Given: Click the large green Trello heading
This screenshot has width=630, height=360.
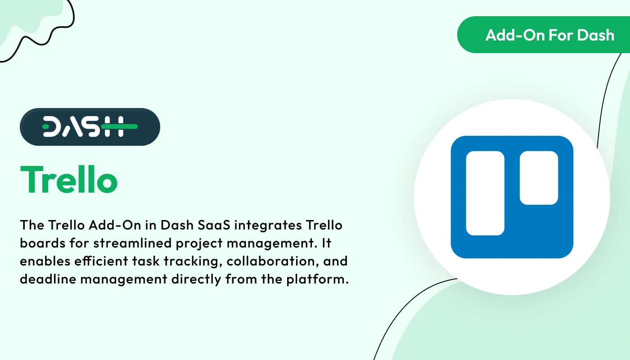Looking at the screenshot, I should (x=69, y=180).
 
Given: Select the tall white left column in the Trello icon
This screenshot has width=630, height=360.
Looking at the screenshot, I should (x=485, y=193).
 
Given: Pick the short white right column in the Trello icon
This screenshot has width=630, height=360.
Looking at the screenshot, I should (x=539, y=178).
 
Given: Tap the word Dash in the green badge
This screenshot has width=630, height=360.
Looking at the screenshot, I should (x=596, y=35).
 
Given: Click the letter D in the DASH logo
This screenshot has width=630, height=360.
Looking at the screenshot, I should (x=52, y=127).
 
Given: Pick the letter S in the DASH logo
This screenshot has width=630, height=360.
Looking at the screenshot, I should (x=90, y=127).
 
